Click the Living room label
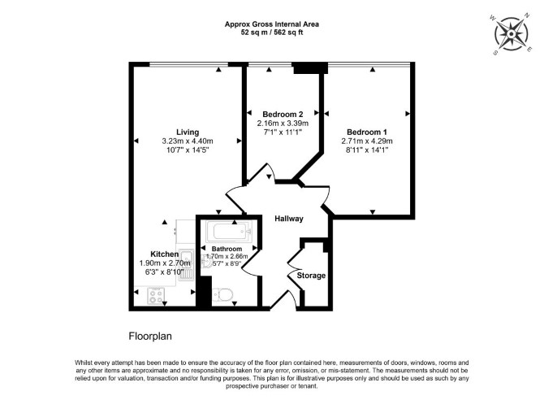click(x=188, y=132)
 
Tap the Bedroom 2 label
click(x=283, y=115)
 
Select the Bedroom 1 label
click(x=367, y=132)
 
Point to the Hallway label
click(x=289, y=219)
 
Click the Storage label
click(x=311, y=276)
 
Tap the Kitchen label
click(x=165, y=254)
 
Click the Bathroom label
click(x=227, y=249)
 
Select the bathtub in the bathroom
click(x=229, y=232)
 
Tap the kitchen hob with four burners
click(x=156, y=296)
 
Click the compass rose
click(x=511, y=34)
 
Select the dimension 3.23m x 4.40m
click(x=188, y=141)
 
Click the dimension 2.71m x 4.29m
click(x=367, y=141)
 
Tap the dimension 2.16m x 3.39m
click(x=283, y=124)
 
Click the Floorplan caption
click(x=150, y=337)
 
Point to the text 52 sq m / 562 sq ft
click(x=272, y=33)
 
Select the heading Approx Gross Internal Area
click(x=272, y=24)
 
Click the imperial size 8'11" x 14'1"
click(x=367, y=150)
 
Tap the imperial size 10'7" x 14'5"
click(x=188, y=150)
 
